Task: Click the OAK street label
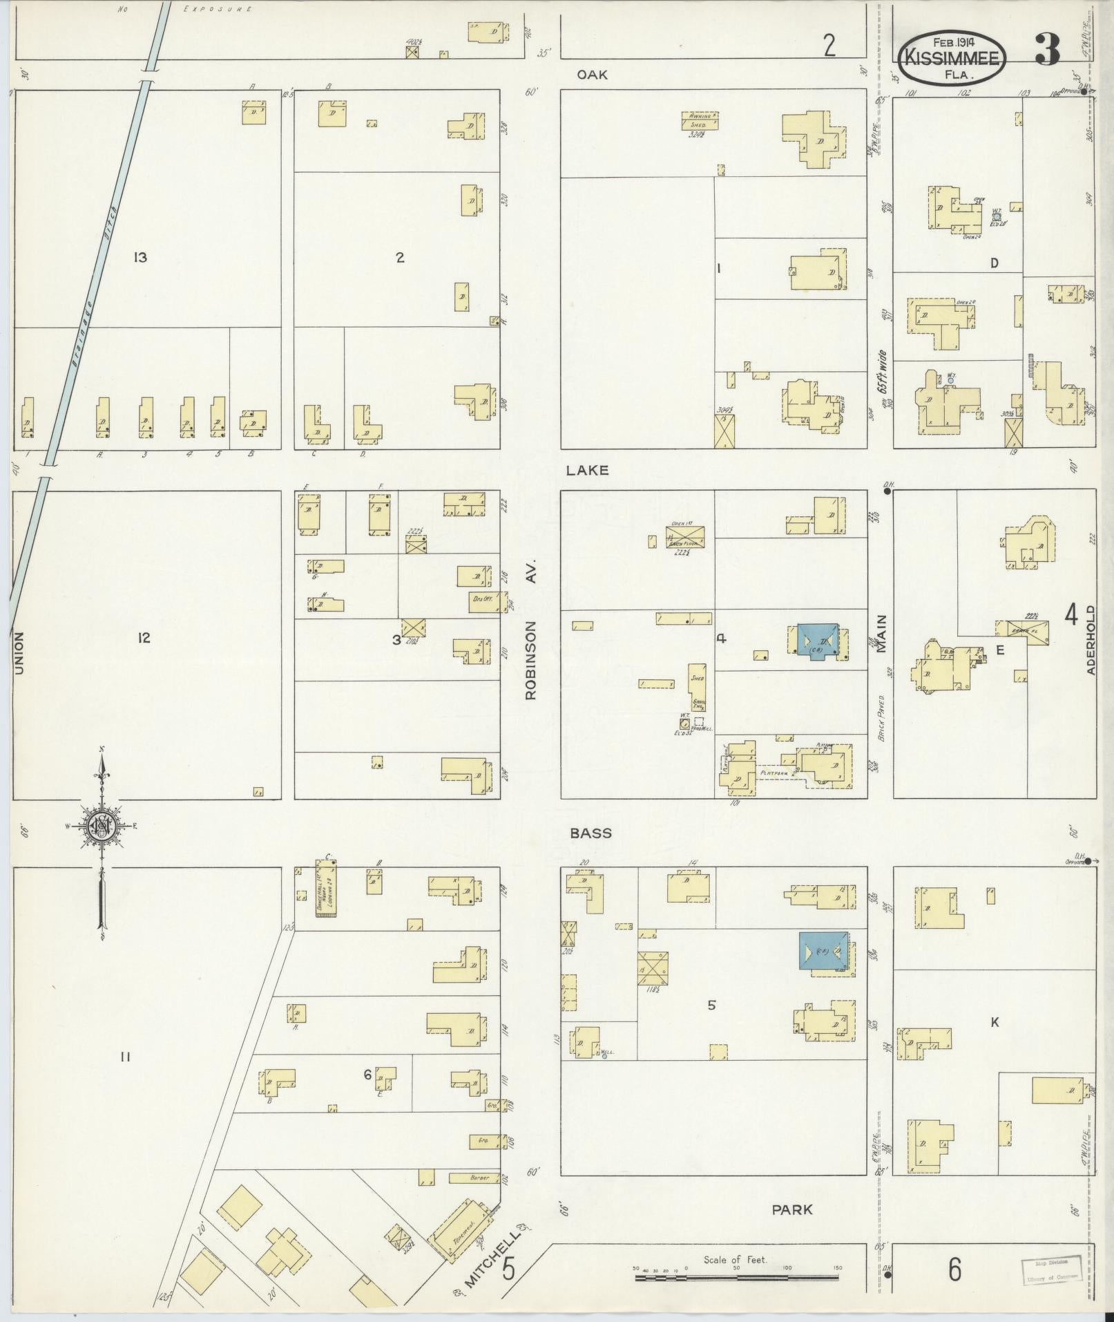click(x=593, y=75)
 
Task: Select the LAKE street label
click(x=587, y=470)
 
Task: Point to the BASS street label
click(x=591, y=833)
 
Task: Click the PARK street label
click(x=792, y=1209)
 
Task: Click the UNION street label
click(x=19, y=653)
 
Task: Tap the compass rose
click(x=102, y=825)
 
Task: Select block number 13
click(x=140, y=258)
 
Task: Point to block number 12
click(x=143, y=638)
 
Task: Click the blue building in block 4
click(x=817, y=640)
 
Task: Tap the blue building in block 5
click(x=821, y=952)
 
